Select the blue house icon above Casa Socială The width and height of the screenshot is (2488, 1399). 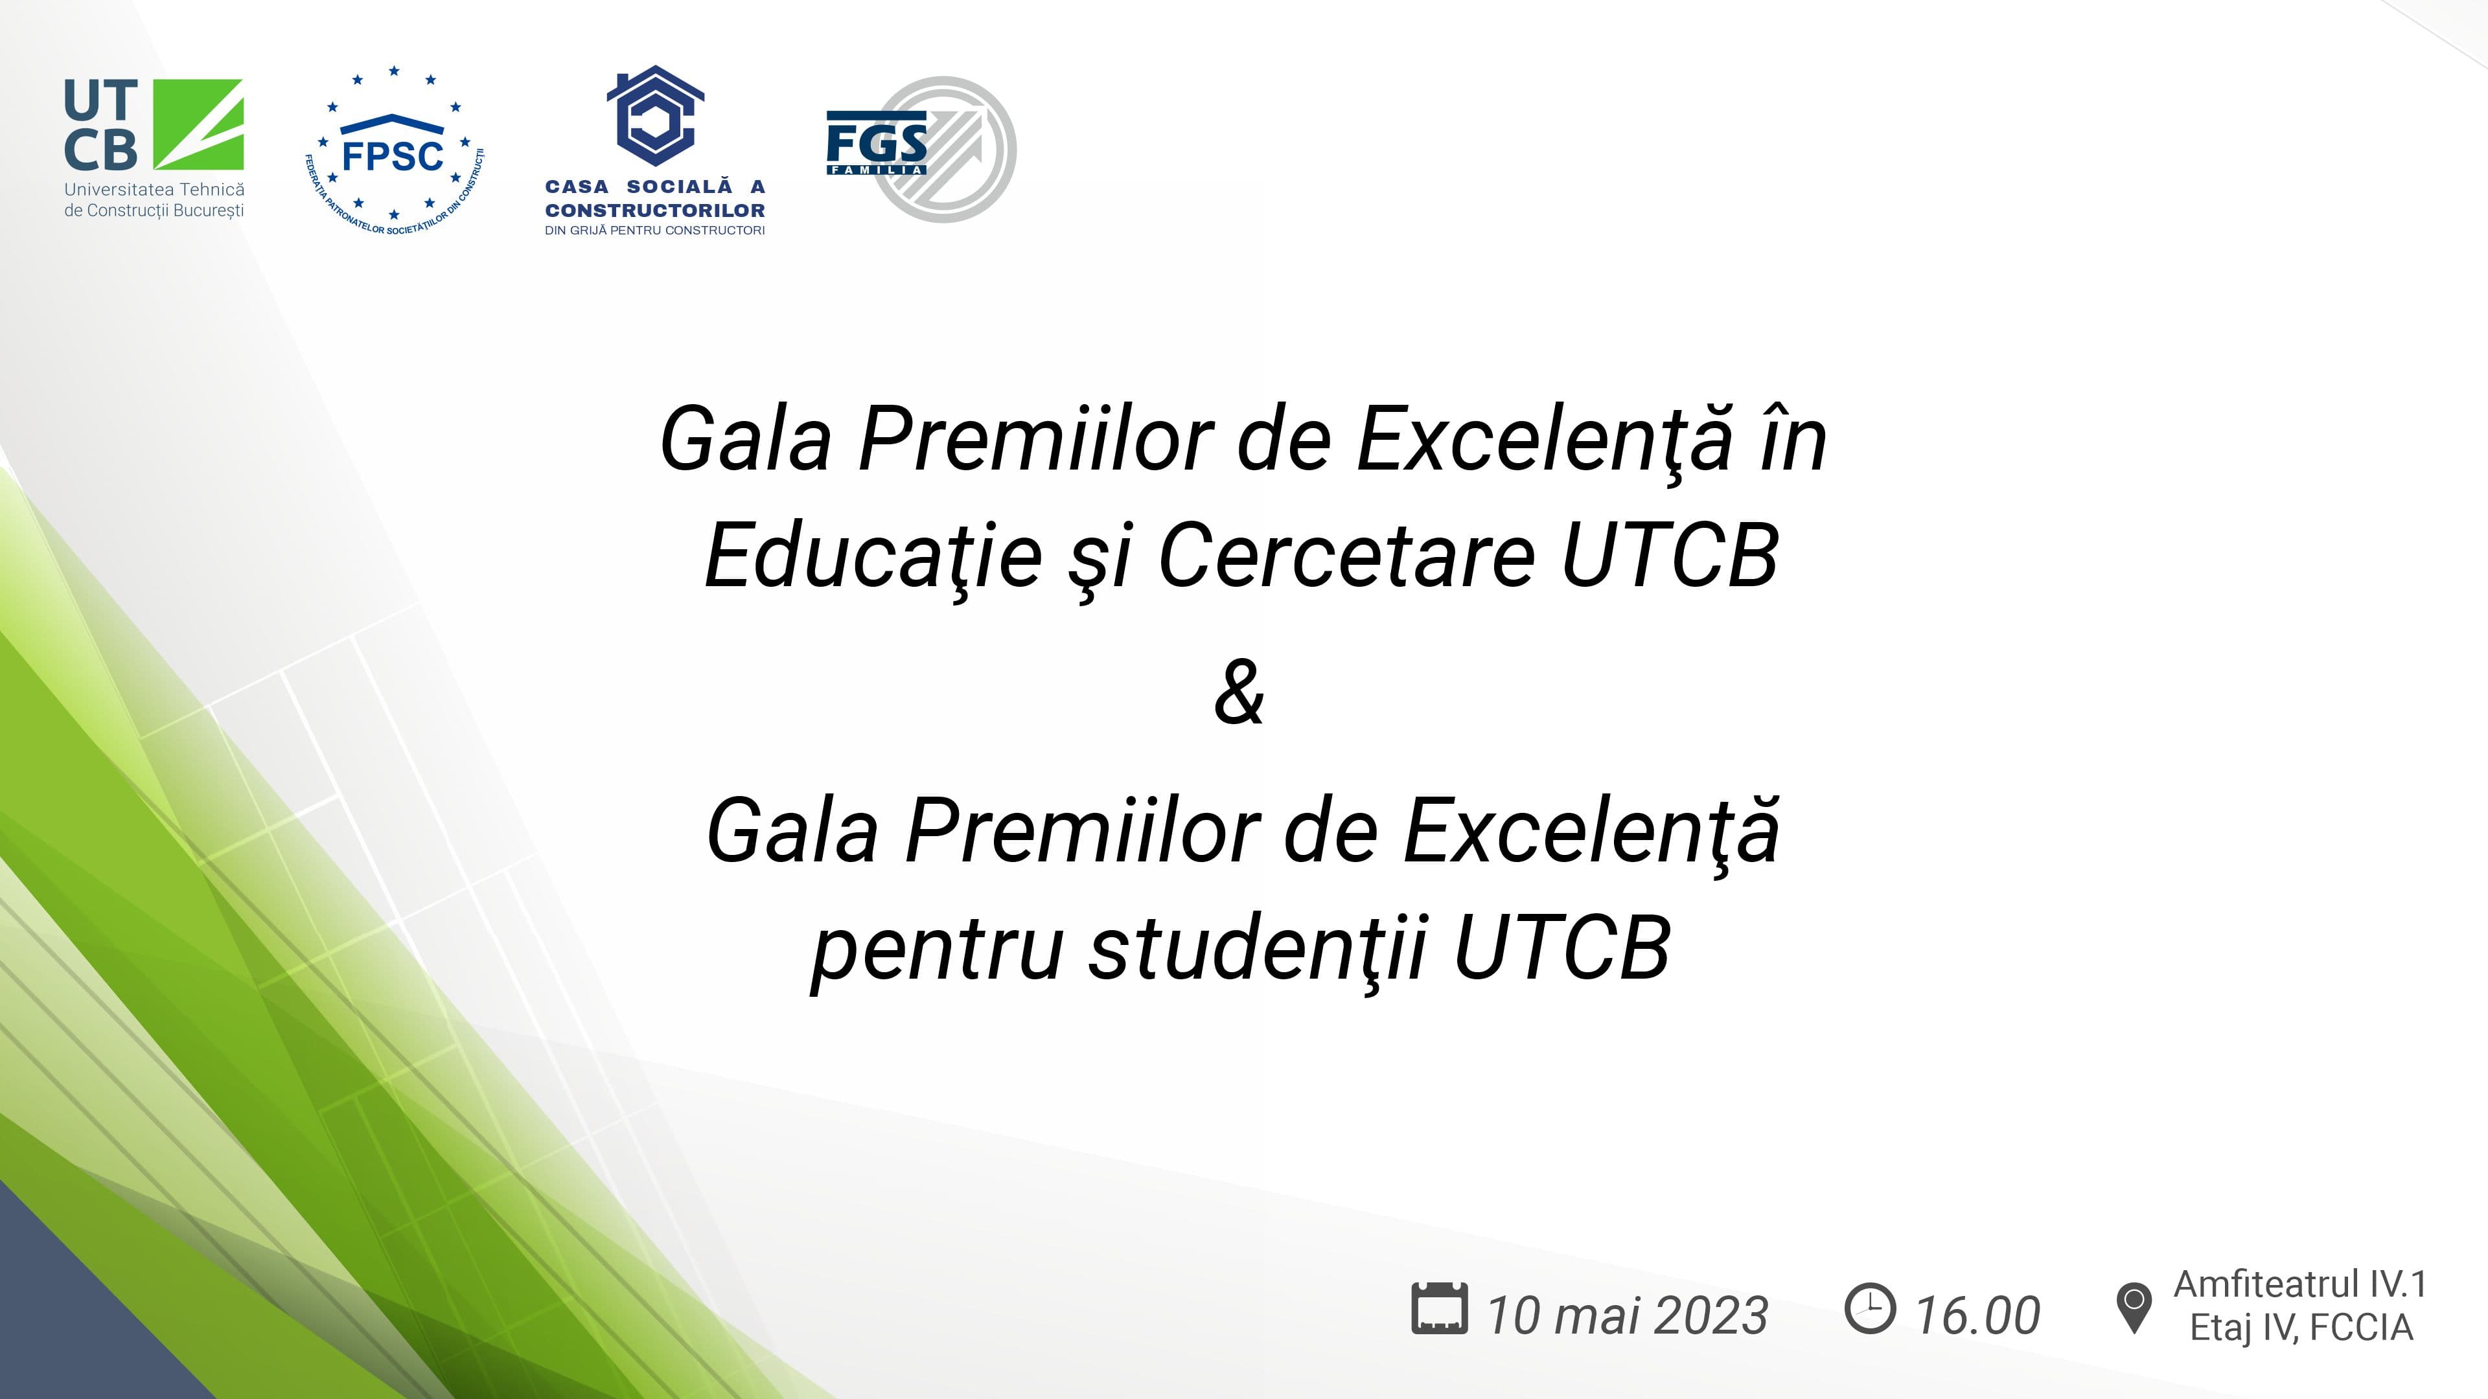point(656,114)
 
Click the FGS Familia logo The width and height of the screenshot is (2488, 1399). point(921,150)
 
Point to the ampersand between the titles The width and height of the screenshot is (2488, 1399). point(1239,692)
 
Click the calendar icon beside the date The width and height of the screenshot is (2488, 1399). point(1439,1308)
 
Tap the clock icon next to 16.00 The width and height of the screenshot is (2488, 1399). point(1870,1308)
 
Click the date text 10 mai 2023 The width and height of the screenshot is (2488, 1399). point(1628,1315)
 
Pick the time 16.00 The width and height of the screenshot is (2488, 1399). point(1978,1315)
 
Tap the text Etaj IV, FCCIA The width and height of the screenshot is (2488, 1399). point(2301,1328)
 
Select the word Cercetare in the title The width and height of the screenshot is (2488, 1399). point(1346,556)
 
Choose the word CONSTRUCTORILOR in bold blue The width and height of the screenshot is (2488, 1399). point(655,210)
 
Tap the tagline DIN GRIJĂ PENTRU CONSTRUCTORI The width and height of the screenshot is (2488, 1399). point(655,231)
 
